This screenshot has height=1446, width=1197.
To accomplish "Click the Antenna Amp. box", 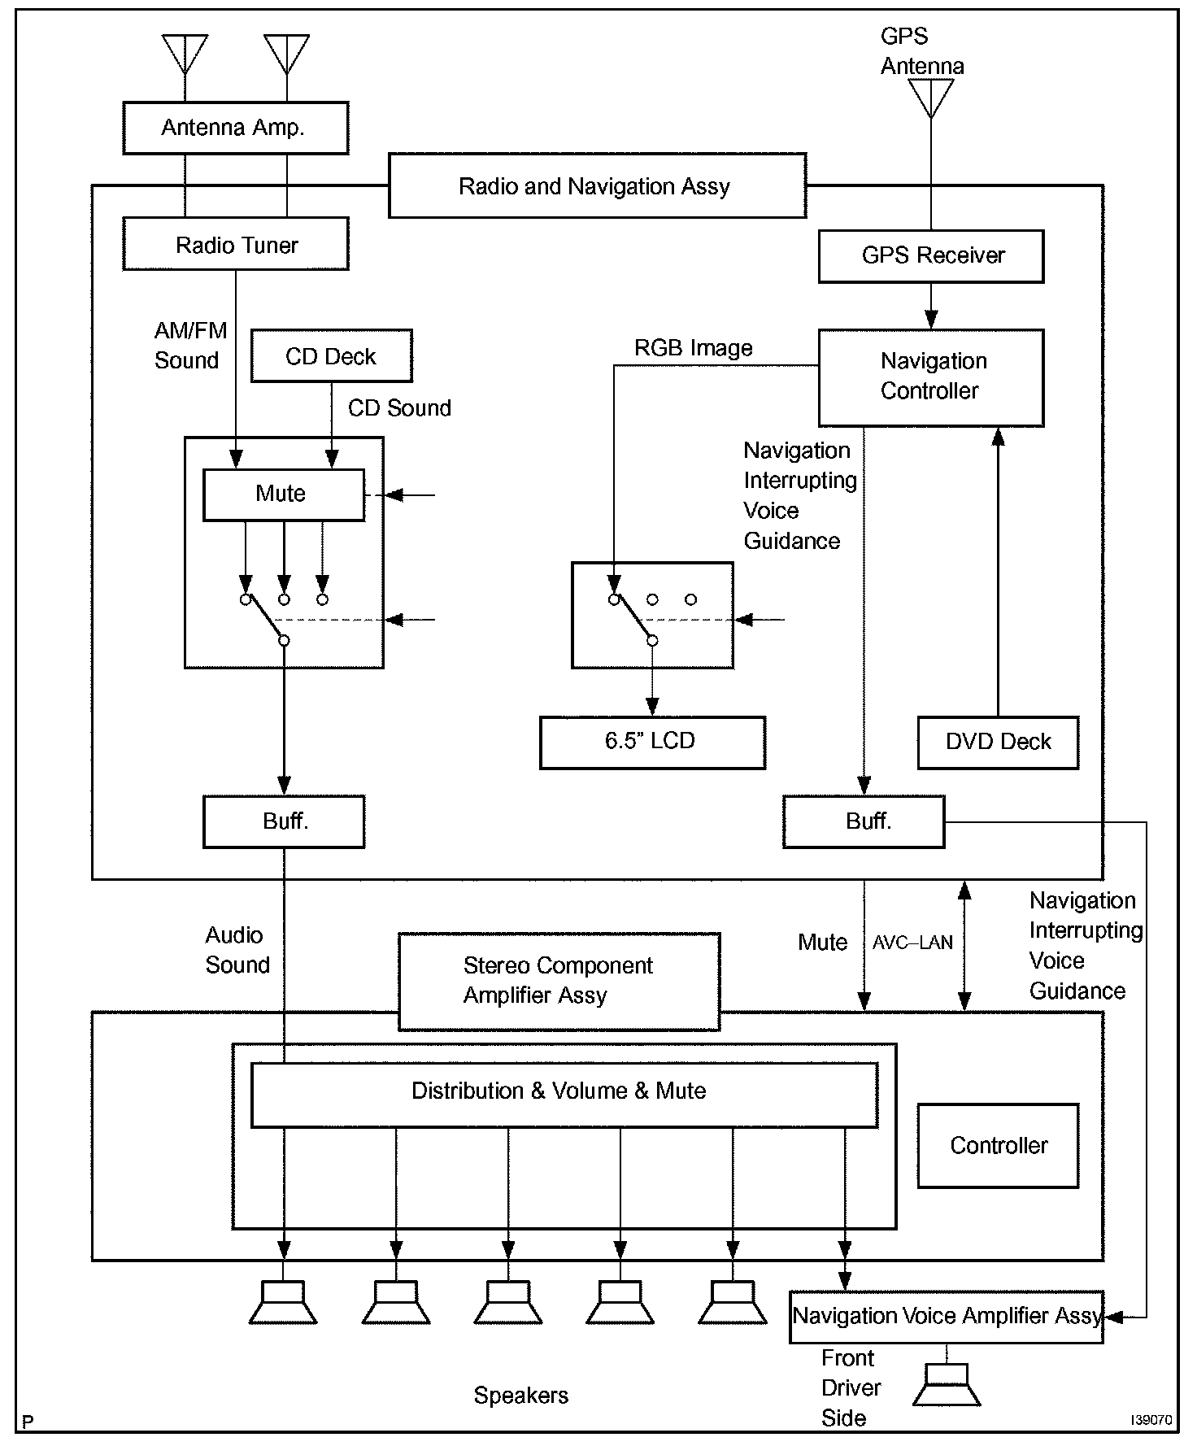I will (235, 128).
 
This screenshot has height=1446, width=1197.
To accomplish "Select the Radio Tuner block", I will (235, 244).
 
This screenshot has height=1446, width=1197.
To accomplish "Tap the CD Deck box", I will (331, 356).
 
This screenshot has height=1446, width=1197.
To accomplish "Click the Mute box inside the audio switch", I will (283, 494).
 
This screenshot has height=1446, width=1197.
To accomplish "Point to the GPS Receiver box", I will (930, 256).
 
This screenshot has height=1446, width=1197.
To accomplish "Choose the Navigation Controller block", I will (930, 377).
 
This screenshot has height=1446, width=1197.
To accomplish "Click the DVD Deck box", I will (998, 742).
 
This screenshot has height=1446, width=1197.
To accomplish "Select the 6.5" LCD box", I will (652, 742).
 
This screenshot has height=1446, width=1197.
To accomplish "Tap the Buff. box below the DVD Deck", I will (864, 821).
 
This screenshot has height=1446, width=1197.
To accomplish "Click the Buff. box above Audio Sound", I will (283, 821).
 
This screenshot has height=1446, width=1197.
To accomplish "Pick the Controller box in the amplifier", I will (998, 1145).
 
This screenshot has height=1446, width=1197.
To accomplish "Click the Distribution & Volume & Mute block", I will (564, 1094).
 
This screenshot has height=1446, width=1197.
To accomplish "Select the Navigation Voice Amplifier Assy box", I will (946, 1316).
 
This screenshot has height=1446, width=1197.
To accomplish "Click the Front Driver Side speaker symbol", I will (947, 1386).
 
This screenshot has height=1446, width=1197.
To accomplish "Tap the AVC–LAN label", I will (912, 943).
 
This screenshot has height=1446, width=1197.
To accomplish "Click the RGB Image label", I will (693, 348).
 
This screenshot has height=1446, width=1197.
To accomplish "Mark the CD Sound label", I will (399, 407).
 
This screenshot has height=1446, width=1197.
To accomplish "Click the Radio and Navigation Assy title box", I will (597, 186).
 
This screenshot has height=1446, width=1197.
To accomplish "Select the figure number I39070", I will (1151, 1420).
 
